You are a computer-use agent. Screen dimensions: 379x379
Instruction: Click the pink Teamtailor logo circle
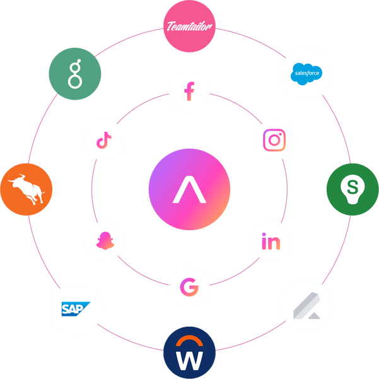click(x=189, y=26)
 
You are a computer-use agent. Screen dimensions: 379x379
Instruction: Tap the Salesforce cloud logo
click(x=306, y=74)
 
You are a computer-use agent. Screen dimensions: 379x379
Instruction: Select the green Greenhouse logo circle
click(x=75, y=74)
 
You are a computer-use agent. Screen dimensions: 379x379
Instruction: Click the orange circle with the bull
click(x=26, y=189)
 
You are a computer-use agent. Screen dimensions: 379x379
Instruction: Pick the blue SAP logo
click(x=76, y=308)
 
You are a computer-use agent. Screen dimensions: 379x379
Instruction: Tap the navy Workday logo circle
click(x=189, y=353)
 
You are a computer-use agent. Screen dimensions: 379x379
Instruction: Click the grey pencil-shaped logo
click(x=306, y=305)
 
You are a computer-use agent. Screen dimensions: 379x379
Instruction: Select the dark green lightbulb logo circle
click(x=353, y=189)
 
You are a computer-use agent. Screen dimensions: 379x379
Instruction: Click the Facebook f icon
click(x=189, y=91)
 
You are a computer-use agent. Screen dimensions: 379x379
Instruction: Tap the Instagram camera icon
click(x=274, y=140)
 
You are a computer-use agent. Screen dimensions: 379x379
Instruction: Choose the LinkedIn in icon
click(x=271, y=241)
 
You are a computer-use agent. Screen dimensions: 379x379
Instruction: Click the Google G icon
click(x=189, y=287)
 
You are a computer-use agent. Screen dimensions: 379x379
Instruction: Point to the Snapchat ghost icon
click(x=105, y=241)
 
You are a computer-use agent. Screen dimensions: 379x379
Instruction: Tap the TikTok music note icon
click(x=104, y=140)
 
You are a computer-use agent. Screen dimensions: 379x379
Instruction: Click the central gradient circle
click(x=189, y=189)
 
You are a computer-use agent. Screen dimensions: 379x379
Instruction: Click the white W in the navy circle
click(x=189, y=361)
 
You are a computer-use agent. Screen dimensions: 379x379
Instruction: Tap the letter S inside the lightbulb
click(x=353, y=187)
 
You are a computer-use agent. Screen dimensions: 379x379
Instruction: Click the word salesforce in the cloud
click(x=307, y=73)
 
